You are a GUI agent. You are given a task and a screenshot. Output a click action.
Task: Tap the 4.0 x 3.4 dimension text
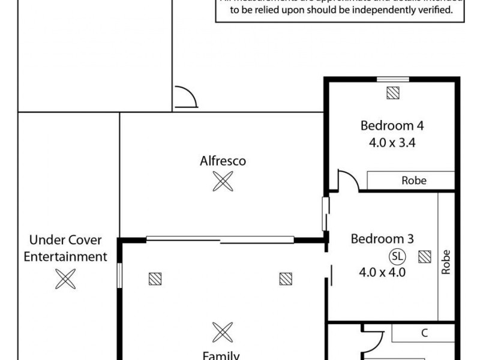tap(392, 143)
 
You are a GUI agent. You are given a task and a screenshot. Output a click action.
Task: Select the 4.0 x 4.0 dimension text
tap(383, 271)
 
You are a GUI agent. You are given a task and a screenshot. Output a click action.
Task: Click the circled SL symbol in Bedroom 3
tap(397, 256)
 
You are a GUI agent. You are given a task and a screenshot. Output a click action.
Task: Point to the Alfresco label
tap(223, 161)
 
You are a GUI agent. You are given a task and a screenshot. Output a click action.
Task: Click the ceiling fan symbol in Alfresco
tap(223, 181)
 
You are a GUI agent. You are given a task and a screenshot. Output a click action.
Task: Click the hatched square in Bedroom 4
tap(393, 93)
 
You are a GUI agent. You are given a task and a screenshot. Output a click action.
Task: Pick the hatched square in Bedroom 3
tap(425, 257)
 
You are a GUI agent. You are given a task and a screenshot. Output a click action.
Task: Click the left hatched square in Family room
tap(155, 278)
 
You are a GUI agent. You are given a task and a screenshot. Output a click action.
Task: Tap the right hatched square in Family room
tap(286, 278)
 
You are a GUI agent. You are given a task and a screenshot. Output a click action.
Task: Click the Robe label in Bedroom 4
tap(414, 180)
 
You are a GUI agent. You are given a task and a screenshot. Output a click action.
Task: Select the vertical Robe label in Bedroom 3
tap(446, 262)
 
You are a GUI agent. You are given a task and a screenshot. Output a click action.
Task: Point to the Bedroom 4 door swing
tap(348, 181)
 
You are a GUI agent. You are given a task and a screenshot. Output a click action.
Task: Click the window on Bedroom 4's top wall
tap(393, 79)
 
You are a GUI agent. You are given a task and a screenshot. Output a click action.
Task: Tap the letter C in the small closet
tap(424, 334)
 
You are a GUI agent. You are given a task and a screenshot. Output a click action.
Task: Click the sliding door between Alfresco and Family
tap(221, 240)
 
